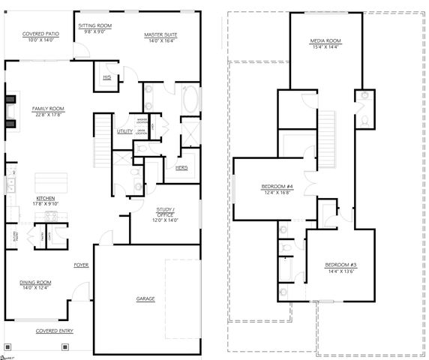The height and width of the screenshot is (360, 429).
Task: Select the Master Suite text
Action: (x=162, y=34)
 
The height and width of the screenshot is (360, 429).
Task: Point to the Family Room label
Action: (x=48, y=109)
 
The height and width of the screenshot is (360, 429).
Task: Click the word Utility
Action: (x=124, y=131)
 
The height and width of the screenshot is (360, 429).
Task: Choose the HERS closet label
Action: (x=181, y=167)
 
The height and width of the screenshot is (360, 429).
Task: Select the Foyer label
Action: (x=80, y=265)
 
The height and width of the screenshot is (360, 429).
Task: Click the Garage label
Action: (x=145, y=299)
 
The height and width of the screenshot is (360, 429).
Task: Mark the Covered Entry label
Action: (x=52, y=331)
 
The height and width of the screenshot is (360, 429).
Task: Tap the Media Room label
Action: (x=325, y=40)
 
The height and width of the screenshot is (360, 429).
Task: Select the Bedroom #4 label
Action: (x=277, y=185)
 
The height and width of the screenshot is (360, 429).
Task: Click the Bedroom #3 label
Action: (x=340, y=265)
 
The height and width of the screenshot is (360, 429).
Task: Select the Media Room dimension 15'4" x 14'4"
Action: (x=325, y=47)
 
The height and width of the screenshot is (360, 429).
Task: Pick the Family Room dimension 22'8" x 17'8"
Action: (x=48, y=115)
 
